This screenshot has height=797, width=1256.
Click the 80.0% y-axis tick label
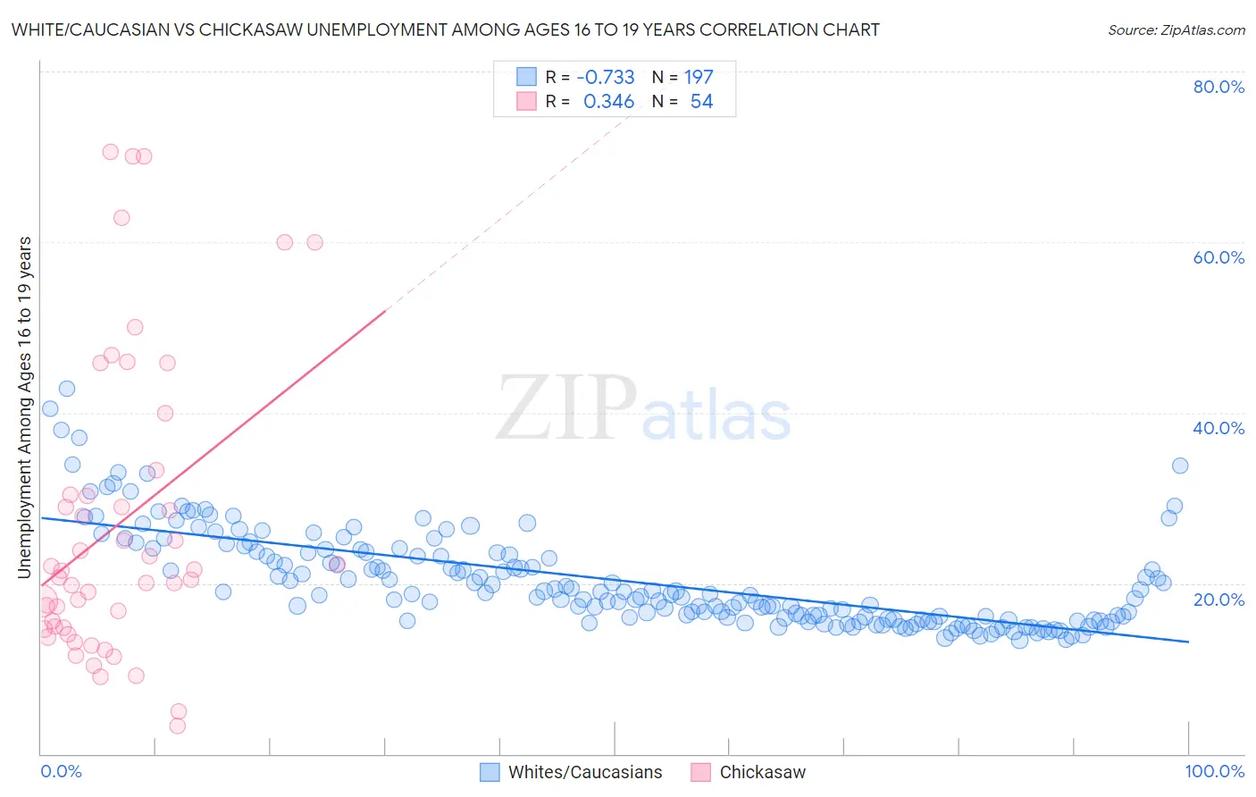click(x=1218, y=87)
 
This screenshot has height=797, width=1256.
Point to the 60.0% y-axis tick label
click(x=1218, y=257)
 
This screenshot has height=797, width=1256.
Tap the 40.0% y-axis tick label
click(x=1218, y=428)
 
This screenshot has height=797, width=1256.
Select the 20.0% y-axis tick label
click(x=1218, y=600)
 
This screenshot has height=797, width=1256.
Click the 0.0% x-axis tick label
click(x=62, y=771)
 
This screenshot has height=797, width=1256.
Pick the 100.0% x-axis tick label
click(x=1214, y=771)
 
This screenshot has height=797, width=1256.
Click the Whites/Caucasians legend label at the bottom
click(x=585, y=772)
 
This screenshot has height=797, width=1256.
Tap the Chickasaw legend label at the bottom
click(x=762, y=772)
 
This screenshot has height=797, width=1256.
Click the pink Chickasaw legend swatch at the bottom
click(x=700, y=772)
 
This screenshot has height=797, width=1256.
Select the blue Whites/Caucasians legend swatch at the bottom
click(x=490, y=772)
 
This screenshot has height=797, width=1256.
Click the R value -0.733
click(x=606, y=77)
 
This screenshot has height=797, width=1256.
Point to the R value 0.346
click(x=608, y=102)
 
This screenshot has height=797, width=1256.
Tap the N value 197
click(x=699, y=77)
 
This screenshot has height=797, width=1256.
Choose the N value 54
click(x=701, y=102)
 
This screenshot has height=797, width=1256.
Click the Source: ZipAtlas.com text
click(x=1176, y=29)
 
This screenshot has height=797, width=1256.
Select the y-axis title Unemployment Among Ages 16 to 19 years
click(x=25, y=407)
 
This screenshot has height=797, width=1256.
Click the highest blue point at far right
click(x=1180, y=466)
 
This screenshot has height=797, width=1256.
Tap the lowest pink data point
click(x=178, y=726)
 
